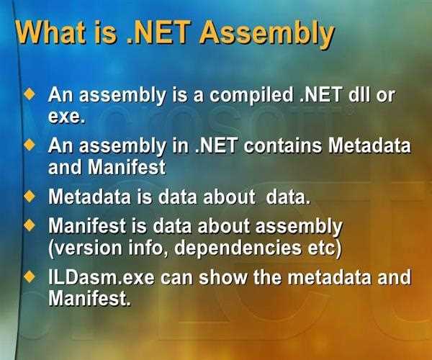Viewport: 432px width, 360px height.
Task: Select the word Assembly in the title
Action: [266, 35]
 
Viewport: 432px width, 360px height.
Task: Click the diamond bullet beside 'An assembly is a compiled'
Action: [30, 94]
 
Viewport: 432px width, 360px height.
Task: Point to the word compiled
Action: [251, 95]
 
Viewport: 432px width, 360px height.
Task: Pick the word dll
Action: [361, 95]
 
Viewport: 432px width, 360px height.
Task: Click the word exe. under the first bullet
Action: [66, 117]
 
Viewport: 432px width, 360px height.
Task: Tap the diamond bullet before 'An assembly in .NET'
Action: [30, 145]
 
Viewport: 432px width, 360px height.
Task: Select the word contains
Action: [282, 145]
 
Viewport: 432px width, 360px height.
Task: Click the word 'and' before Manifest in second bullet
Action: [65, 167]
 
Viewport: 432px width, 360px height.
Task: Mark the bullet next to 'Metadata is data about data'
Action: [30, 196]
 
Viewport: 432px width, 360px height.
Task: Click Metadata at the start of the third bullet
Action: [89, 197]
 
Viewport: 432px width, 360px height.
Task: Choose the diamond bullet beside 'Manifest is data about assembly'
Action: [30, 225]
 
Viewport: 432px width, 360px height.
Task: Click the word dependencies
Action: [238, 249]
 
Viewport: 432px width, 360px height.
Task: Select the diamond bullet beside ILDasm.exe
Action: [30, 276]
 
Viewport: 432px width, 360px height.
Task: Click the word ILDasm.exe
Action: [101, 277]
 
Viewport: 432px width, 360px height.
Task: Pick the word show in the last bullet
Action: [223, 277]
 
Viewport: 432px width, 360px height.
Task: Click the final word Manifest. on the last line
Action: [89, 298]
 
